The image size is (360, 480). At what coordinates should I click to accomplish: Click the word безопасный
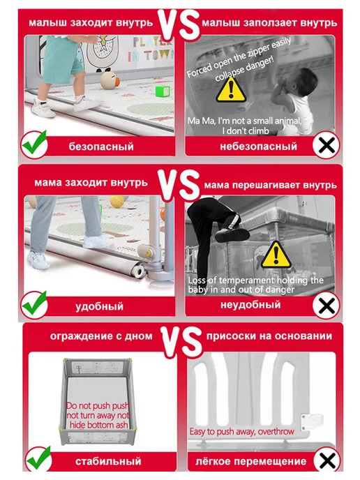coord(101,147)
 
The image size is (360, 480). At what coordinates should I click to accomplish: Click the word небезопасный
coord(258,147)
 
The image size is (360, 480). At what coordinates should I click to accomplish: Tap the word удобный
coord(99,306)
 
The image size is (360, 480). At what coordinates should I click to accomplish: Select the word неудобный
coord(250,305)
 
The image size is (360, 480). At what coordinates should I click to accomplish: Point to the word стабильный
coord(108,461)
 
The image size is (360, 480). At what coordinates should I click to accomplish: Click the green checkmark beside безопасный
coord(35,144)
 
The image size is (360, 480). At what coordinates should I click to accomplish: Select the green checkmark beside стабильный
coord(38,459)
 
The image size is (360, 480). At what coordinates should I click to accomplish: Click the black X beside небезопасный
coord(327,145)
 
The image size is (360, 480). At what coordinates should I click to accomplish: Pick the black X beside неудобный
coord(327,305)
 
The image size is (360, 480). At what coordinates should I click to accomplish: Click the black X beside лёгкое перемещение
coord(327,460)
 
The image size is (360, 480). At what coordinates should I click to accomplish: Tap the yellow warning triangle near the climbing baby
coord(231,90)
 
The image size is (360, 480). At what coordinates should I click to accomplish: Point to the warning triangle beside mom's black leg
coord(276,255)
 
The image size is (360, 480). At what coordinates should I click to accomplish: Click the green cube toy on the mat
coord(163,91)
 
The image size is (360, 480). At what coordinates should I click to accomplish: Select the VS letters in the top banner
coord(179,24)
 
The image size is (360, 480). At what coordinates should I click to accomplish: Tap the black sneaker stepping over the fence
coord(232,235)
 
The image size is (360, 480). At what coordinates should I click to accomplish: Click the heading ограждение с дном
coord(101,336)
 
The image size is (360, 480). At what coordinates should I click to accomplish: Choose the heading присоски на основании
coord(269,336)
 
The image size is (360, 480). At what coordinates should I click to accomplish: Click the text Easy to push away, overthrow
coord(241,432)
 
